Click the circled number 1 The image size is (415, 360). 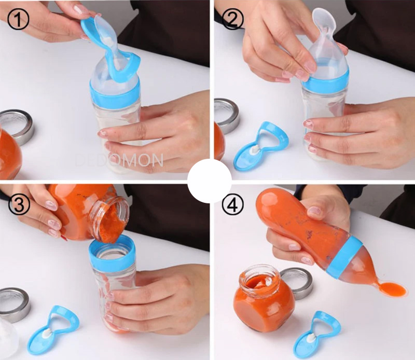click(18, 19)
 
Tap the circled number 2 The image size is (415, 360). click(232, 19)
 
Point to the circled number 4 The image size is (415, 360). click(232, 204)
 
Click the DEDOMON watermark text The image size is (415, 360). click(119, 160)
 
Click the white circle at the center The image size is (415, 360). click(210, 181)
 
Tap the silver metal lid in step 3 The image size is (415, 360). click(15, 304)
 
